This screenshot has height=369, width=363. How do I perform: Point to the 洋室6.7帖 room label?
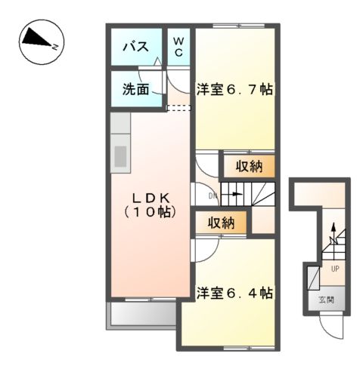point(235,88)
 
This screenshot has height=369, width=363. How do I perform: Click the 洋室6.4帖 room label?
point(235,292)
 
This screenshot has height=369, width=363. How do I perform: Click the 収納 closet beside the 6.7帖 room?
point(243,165)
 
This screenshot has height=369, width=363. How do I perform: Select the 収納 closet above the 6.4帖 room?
point(221,223)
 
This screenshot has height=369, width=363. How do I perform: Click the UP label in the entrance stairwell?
point(333,268)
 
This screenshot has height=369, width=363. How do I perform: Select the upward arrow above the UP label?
point(331,235)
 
